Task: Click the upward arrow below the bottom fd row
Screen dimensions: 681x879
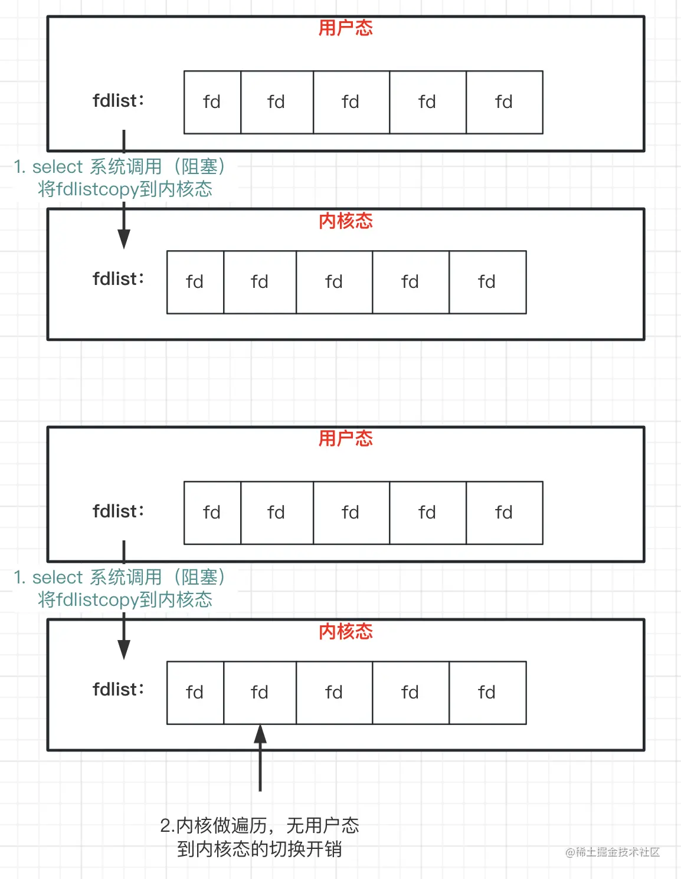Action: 260,757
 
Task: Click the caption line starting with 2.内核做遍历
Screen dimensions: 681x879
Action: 259,825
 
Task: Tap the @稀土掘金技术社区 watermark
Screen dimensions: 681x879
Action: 612,852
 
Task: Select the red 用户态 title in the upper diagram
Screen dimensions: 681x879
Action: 345,28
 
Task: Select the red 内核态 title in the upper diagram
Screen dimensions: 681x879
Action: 345,221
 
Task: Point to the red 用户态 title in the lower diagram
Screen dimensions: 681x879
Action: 345,438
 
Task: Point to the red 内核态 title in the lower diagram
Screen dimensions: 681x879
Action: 345,631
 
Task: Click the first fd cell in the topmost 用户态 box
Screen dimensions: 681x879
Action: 212,102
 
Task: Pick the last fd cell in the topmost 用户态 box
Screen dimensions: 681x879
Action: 504,102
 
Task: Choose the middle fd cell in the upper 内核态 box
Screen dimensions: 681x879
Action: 334,282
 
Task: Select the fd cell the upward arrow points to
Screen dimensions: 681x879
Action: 260,693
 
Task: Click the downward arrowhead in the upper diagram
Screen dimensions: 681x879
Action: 124,238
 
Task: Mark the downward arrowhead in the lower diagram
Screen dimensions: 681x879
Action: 124,649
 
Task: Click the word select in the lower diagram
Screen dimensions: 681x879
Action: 57,578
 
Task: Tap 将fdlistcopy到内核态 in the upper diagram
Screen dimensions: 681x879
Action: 125,189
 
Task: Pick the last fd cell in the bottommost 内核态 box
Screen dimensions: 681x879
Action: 487,693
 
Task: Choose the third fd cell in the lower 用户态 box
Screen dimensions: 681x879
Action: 351,513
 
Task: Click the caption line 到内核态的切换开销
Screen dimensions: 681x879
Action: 259,849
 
